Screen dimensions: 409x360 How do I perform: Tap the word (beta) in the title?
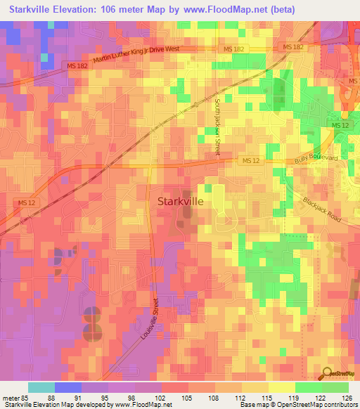pyautogui.click(x=281, y=8)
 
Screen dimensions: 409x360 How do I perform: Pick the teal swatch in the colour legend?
pyautogui.click(x=41, y=387)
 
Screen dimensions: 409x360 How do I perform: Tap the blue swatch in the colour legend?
pyautogui.click(x=67, y=387)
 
